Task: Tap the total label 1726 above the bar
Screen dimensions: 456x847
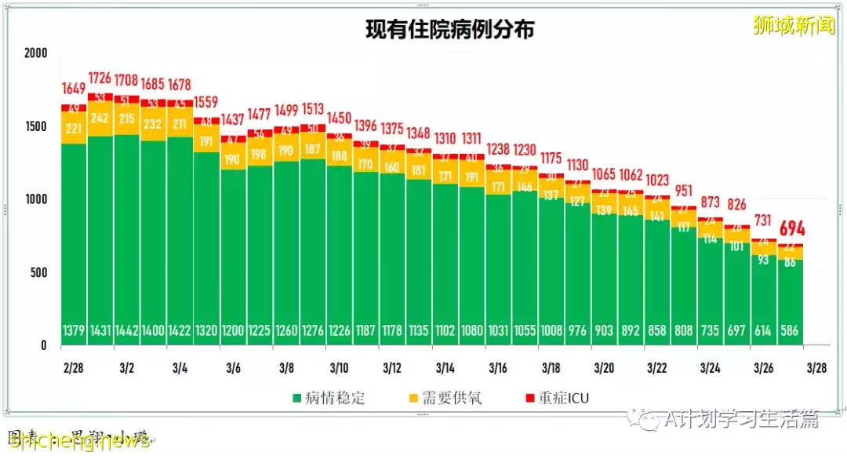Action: [x=100, y=78]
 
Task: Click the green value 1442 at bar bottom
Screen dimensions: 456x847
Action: [x=126, y=331]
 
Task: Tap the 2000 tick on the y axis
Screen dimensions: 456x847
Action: [x=36, y=53]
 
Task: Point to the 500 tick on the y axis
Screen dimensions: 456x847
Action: [x=38, y=272]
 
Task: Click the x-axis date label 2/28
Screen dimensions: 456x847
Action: [x=74, y=367]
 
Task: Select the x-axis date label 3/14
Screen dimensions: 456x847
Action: [x=445, y=367]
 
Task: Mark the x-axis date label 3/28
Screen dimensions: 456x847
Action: [x=816, y=367]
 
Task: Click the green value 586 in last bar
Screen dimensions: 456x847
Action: [x=790, y=331]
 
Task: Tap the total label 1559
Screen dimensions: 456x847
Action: [x=206, y=102]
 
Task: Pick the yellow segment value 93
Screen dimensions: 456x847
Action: [x=763, y=260]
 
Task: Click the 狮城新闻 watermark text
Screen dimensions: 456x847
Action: [x=794, y=27]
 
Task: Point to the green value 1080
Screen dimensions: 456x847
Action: [x=471, y=331]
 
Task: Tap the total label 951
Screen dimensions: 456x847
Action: [x=684, y=191]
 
